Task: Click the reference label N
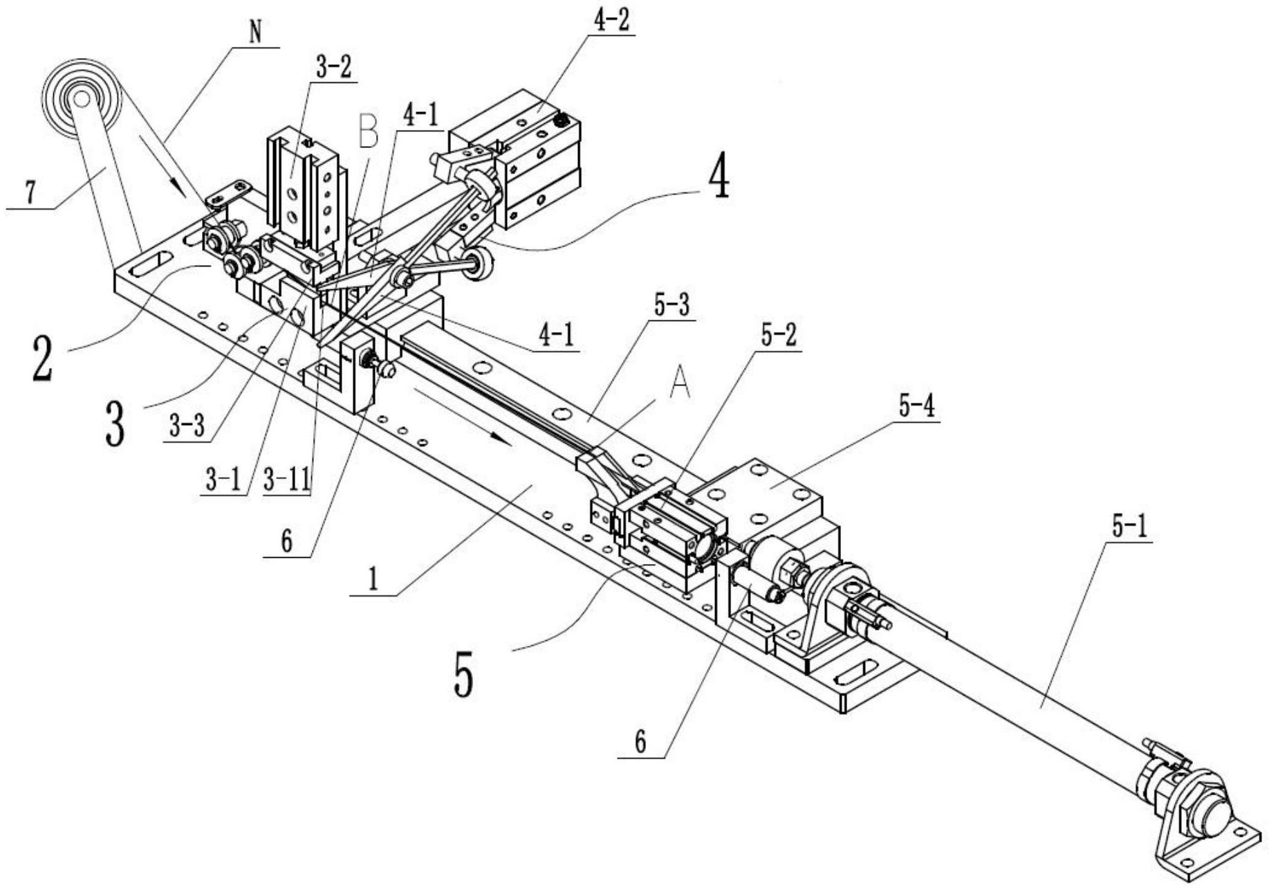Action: [256, 32]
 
